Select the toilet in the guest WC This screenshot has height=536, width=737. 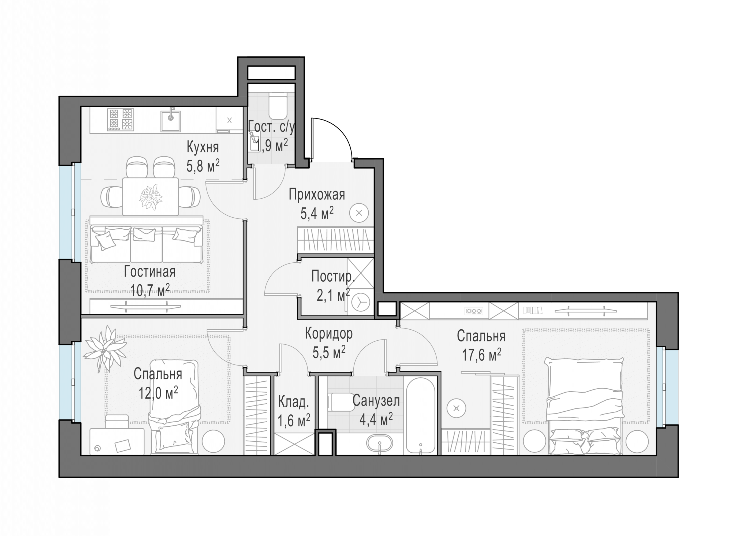pos(278,106)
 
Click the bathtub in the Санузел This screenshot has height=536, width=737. pos(421,416)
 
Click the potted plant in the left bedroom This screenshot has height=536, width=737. pos(105,348)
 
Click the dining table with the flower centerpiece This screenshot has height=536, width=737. pos(151,196)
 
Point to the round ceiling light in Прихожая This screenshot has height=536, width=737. pos(359,213)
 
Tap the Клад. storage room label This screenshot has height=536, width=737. pos(293,402)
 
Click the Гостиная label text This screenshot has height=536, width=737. pos(149,271)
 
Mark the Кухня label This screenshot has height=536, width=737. pos(203,147)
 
